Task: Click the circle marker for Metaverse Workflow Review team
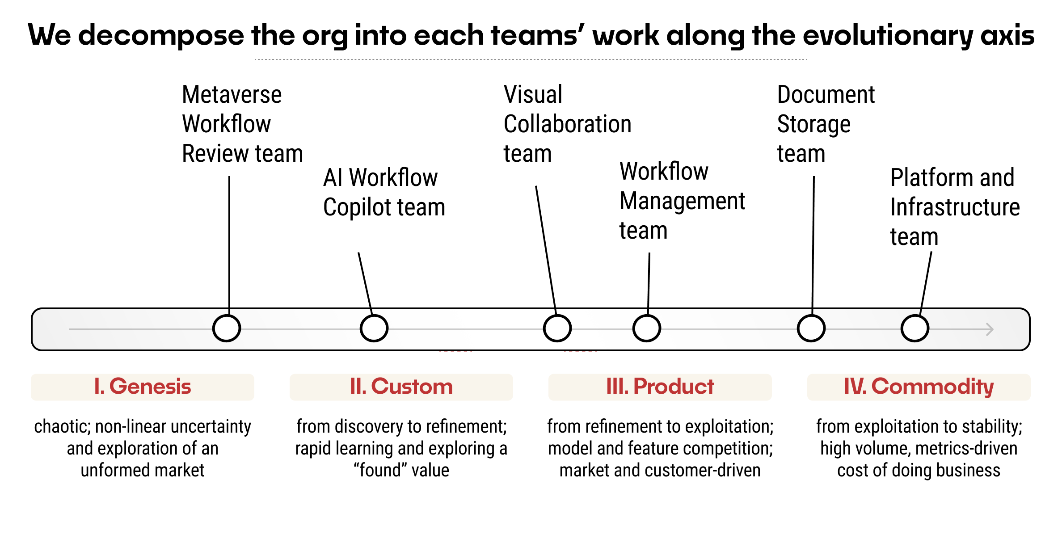(x=227, y=328)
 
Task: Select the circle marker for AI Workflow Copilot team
(x=374, y=328)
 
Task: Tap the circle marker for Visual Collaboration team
(x=557, y=328)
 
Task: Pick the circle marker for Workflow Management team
(x=646, y=328)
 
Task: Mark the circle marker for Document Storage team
(x=811, y=328)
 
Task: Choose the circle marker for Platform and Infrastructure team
(x=915, y=328)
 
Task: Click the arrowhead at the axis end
(x=989, y=329)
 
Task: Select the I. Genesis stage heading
(x=143, y=387)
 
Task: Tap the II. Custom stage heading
(x=401, y=387)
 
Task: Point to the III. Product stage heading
(x=660, y=387)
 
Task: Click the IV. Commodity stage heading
(x=919, y=387)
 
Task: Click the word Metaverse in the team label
(x=232, y=95)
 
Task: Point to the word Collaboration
(x=567, y=124)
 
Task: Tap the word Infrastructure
(x=955, y=207)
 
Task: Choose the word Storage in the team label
(x=813, y=124)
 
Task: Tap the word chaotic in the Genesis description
(x=62, y=427)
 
